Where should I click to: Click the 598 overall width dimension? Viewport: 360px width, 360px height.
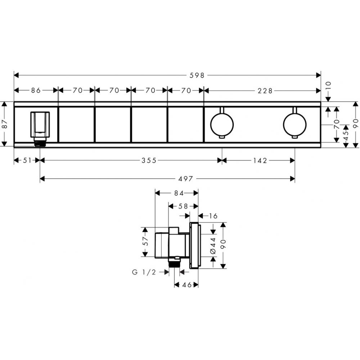pos(197,75)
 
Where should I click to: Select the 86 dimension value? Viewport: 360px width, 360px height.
pos(36,91)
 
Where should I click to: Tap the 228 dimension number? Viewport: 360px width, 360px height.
pos(265,91)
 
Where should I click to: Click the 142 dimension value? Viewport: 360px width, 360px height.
pos(260,161)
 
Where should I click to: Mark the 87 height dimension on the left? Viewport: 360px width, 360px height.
pos(5,124)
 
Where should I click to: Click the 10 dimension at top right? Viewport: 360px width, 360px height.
pos(328,86)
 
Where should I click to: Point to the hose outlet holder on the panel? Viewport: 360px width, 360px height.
pos(40,126)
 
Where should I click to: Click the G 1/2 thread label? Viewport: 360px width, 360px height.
pos(144,273)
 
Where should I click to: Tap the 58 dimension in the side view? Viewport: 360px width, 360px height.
pos(184,206)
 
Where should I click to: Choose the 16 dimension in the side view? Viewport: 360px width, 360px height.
pos(213,216)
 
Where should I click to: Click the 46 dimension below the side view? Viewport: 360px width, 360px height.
pos(186,285)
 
